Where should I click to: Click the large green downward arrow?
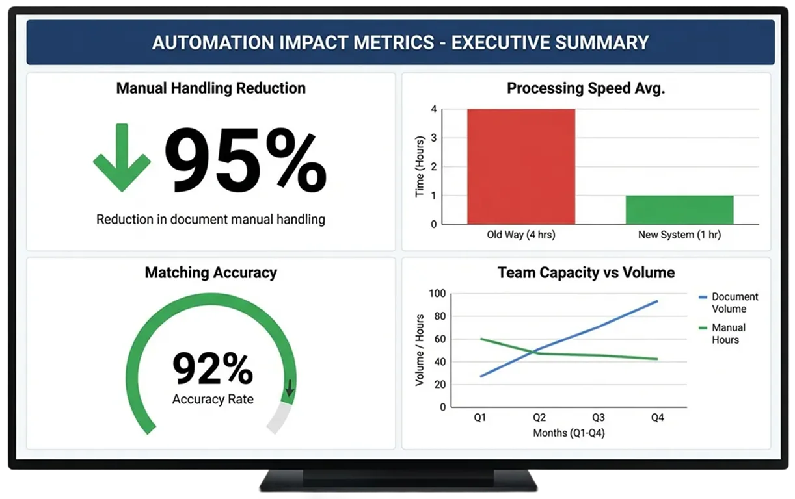tap(122, 158)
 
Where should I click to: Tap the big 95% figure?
tap(246, 160)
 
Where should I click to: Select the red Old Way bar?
tap(521, 166)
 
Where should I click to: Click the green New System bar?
tap(679, 209)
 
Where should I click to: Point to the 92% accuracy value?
tap(212, 369)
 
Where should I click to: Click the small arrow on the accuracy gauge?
tap(290, 388)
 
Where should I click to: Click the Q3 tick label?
tap(598, 418)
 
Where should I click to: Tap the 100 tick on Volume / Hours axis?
tap(438, 294)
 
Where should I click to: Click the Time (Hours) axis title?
tap(420, 167)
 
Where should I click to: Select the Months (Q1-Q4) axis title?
tap(569, 433)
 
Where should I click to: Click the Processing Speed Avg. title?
tap(586, 88)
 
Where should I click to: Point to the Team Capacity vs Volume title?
tap(586, 273)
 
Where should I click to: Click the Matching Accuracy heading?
tap(211, 273)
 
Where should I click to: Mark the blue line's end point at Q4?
tap(657, 301)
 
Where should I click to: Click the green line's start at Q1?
tap(480, 339)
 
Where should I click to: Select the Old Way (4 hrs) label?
tap(520, 235)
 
